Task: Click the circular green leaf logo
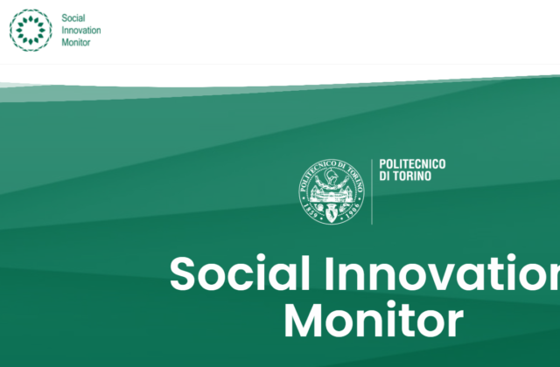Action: [x=31, y=31]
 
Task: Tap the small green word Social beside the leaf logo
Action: [x=73, y=18]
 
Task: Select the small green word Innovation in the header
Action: [x=81, y=31]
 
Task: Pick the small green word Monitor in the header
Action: [x=76, y=43]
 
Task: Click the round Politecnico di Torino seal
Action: [x=332, y=191]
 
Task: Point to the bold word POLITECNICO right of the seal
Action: [x=412, y=164]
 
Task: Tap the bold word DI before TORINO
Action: [x=384, y=177]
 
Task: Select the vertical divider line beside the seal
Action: [x=372, y=192]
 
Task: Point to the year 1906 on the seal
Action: [x=353, y=211]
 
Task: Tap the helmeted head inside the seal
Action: [x=332, y=176]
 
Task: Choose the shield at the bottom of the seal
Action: [x=332, y=213]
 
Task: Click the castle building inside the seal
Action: [x=332, y=195]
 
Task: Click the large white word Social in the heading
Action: [x=240, y=274]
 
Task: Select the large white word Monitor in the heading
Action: [x=374, y=319]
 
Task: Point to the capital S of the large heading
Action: [x=183, y=274]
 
